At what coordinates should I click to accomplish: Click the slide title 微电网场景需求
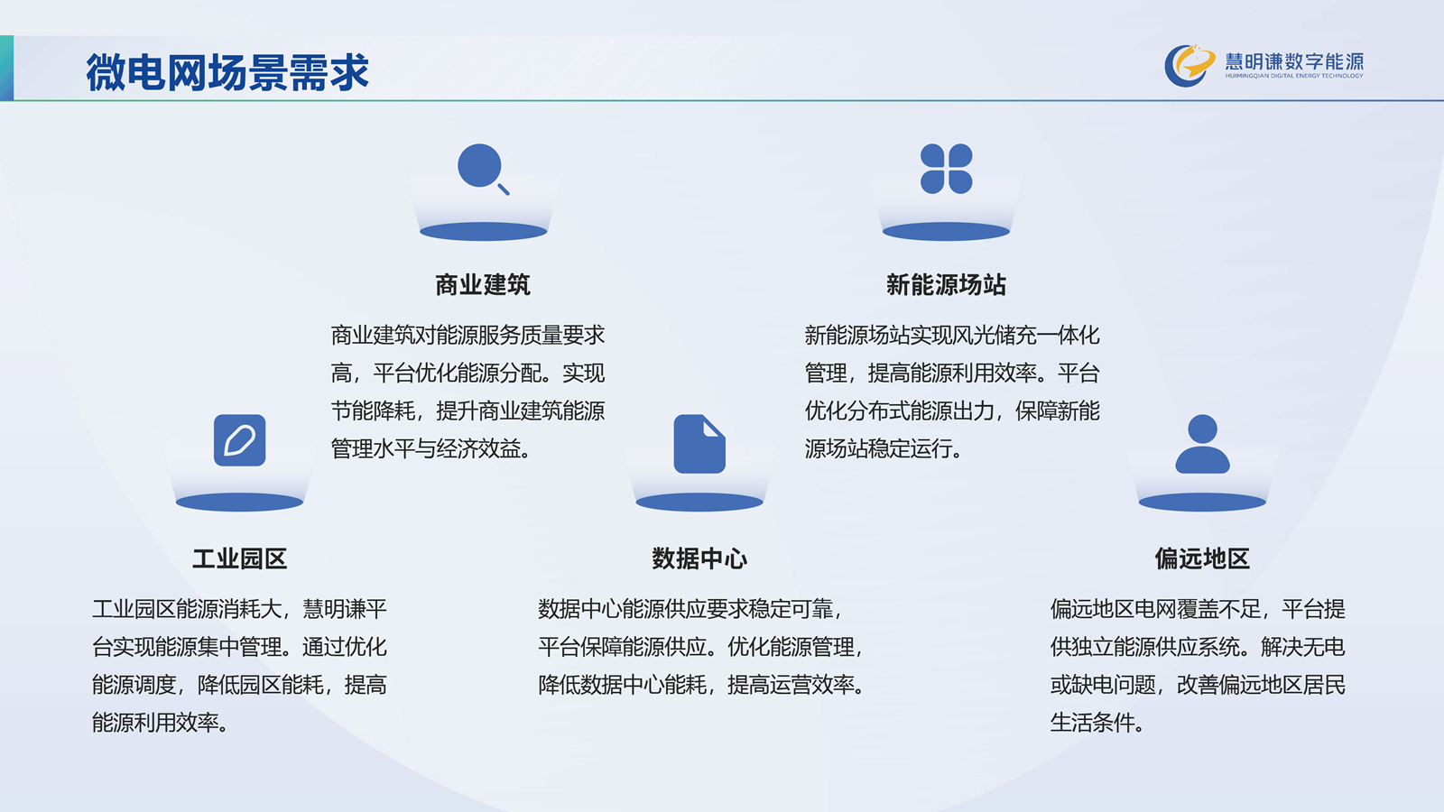227,71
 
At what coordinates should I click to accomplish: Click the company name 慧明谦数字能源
1294,61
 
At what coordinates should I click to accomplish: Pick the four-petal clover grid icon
947,169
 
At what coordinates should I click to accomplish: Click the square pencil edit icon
240,440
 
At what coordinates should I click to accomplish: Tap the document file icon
699,443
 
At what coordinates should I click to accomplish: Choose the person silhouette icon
1202,443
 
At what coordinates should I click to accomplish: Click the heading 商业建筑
483,285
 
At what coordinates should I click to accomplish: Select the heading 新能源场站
946,285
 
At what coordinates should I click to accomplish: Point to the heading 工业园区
240,558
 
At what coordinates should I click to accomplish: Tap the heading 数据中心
699,558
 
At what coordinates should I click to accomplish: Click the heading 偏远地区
1202,558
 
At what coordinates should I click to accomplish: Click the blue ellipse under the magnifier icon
484,231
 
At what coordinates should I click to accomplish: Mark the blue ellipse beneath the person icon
1202,502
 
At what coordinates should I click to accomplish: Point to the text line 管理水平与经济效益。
432,448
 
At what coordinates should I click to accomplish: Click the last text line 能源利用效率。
162,723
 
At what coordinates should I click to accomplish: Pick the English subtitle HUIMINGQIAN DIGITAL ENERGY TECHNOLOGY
1294,76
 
